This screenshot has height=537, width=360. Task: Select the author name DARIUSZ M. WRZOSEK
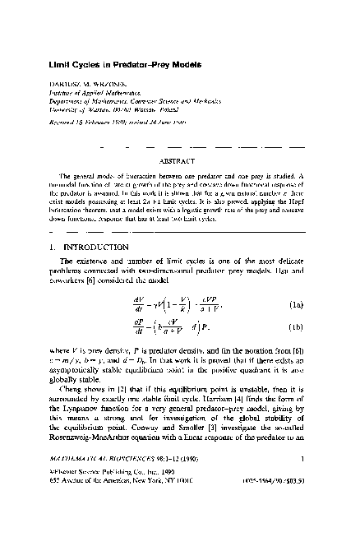90,83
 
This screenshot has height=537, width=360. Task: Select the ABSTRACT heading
179,162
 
